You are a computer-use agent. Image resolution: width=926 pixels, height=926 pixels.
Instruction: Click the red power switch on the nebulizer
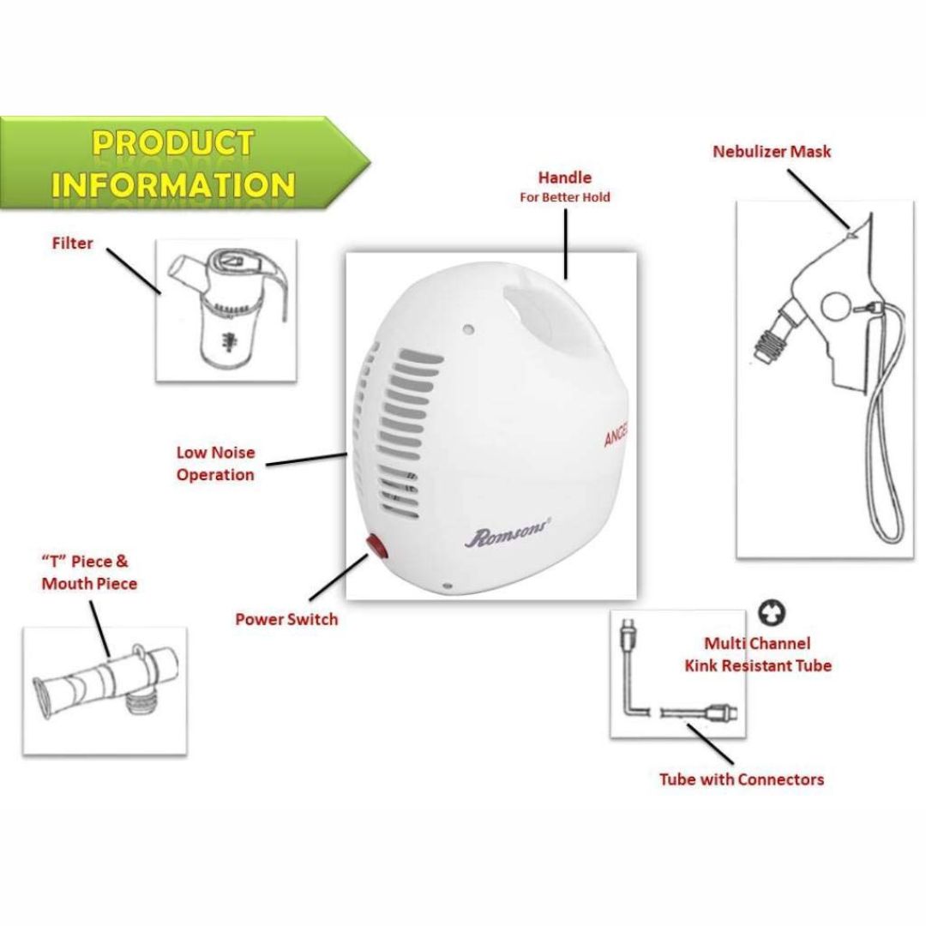(375, 544)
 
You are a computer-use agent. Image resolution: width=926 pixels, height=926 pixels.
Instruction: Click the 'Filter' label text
(72, 244)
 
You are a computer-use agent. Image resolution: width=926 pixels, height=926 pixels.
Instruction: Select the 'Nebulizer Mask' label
(772, 152)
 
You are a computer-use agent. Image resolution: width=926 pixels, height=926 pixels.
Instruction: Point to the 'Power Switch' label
(286, 620)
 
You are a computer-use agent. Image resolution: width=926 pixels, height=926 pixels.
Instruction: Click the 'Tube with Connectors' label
(741, 779)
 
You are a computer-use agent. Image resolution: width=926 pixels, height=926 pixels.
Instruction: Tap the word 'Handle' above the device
(564, 177)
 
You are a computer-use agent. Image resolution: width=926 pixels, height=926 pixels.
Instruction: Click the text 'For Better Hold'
(564, 197)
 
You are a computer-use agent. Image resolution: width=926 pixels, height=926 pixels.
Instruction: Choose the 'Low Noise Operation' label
(215, 464)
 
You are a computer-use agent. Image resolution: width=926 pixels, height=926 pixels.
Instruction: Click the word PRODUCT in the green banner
(173, 144)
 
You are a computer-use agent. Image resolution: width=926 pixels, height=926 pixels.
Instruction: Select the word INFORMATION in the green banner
(173, 184)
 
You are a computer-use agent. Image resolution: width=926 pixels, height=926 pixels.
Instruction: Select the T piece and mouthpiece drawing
(105, 682)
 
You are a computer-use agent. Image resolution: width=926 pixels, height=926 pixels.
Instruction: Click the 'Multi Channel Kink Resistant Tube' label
(758, 654)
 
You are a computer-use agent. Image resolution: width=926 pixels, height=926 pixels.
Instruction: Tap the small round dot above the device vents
(468, 328)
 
